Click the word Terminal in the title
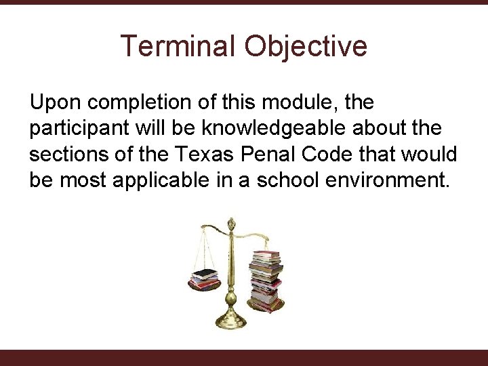point(178,46)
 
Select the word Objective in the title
point(306,46)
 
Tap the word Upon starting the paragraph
point(56,104)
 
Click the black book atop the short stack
point(204,273)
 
